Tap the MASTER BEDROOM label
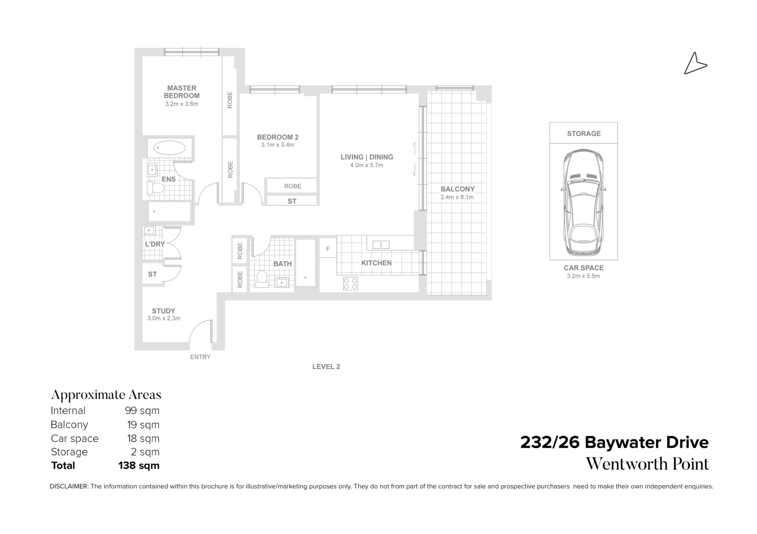pos(182,92)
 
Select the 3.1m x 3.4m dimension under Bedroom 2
pos(278,145)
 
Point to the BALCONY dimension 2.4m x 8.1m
pos(457,197)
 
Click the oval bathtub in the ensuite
pos(169,148)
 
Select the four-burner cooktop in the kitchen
pos(350,284)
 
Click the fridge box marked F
pos(328,249)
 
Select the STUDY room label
pos(163,311)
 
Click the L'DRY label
pos(155,244)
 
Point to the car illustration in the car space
pos(583,203)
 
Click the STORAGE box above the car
pos(584,133)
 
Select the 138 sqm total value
pos(139,465)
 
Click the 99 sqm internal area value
pos(142,411)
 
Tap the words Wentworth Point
pos(647,464)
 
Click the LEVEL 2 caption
pos(326,367)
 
